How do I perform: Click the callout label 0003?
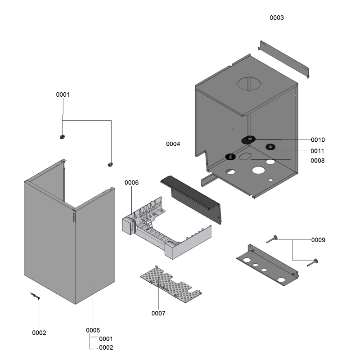point(277,18)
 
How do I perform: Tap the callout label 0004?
point(173,144)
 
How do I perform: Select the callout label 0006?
point(131,182)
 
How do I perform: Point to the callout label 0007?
point(158,313)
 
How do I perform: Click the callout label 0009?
point(318,240)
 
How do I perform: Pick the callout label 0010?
point(317,140)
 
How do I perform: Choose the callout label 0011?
point(317,151)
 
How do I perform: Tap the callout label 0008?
point(317,160)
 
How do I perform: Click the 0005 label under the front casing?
point(93,330)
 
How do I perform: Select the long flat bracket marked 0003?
point(283,58)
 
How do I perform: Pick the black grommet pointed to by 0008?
point(230,157)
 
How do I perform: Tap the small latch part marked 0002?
point(35,296)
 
